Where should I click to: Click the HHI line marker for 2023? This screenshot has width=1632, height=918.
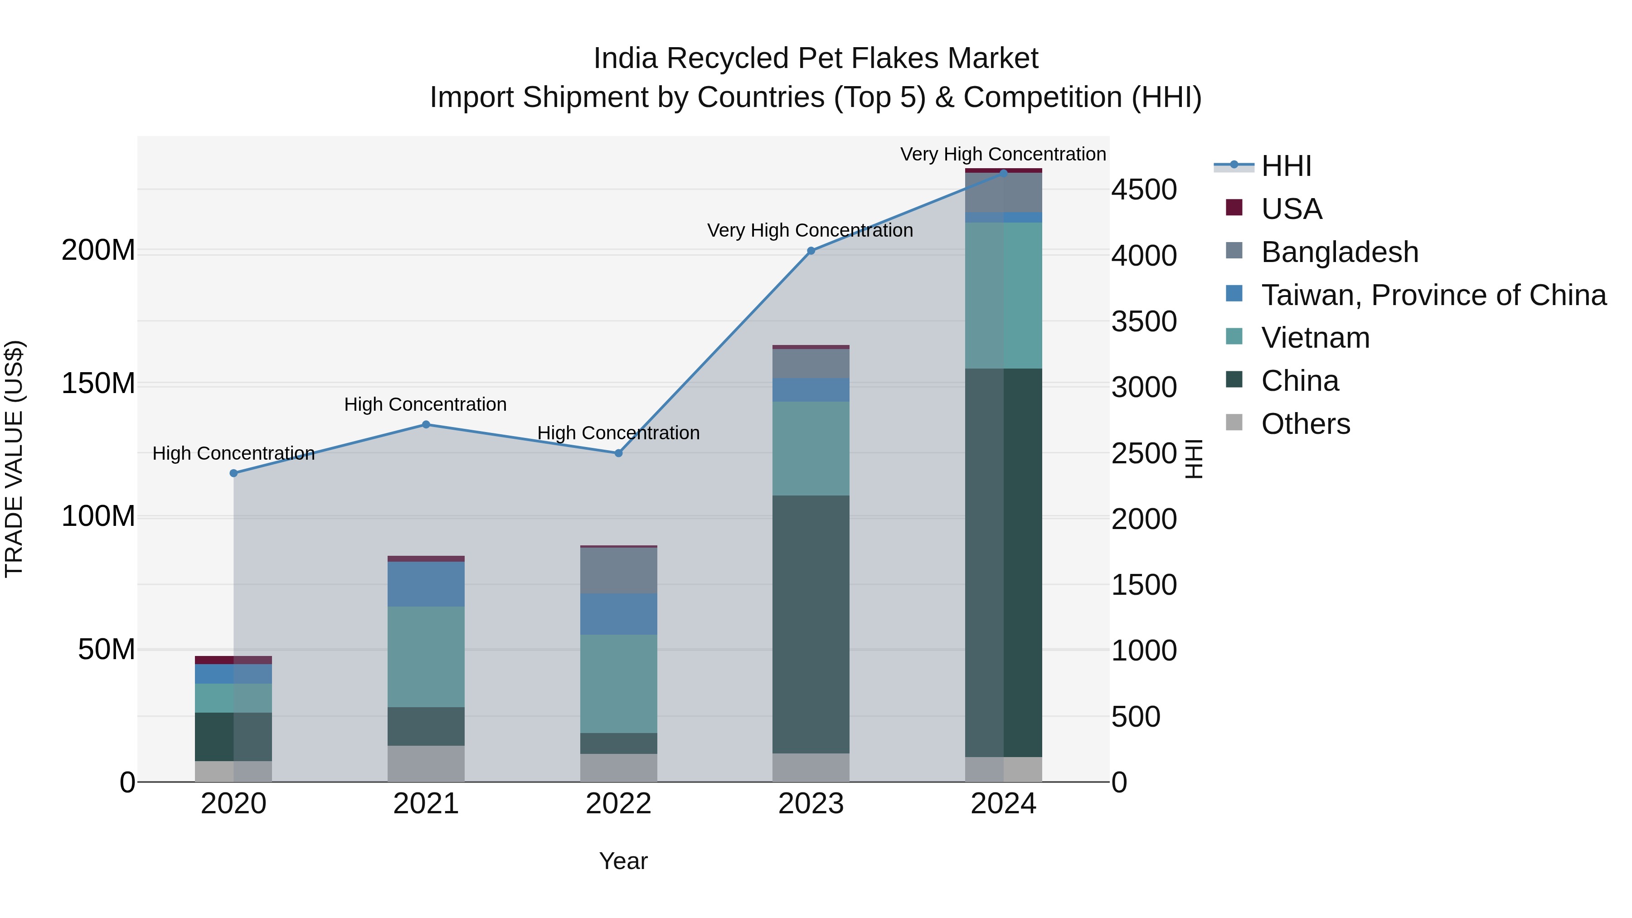[x=811, y=251]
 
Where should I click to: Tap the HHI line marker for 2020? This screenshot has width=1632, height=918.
[x=234, y=473]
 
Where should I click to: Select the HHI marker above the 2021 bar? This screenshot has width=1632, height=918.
[x=426, y=424]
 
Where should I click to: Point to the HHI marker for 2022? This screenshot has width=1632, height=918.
[x=619, y=453]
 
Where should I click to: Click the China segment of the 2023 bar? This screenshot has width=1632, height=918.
[x=811, y=624]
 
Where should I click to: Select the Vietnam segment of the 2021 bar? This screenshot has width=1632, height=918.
[x=426, y=656]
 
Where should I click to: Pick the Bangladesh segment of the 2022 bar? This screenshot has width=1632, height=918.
[x=619, y=570]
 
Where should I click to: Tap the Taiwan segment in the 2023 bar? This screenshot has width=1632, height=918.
[x=811, y=389]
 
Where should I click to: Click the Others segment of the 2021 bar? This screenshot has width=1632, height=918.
[x=426, y=763]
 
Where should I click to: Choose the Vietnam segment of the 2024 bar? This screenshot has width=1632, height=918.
[x=1004, y=295]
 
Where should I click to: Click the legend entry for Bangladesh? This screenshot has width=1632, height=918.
[x=1339, y=252]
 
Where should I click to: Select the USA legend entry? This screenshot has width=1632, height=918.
[x=1291, y=209]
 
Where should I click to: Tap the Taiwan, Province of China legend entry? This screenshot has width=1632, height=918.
[x=1433, y=295]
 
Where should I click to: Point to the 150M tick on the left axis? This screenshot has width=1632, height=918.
[x=98, y=383]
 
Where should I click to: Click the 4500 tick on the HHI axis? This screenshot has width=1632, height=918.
[x=1144, y=189]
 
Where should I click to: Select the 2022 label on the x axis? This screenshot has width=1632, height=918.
[x=619, y=804]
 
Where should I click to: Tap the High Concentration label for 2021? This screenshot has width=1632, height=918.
[x=425, y=404]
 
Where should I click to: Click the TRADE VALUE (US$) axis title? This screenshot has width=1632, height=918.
[x=14, y=459]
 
